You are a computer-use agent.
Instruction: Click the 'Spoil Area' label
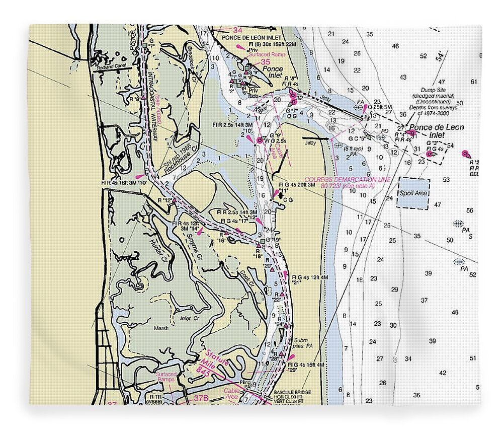tap(413, 193)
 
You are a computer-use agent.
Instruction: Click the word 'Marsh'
tap(161, 328)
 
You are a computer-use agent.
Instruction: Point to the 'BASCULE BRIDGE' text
tap(292, 392)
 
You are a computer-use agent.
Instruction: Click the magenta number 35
tap(265, 62)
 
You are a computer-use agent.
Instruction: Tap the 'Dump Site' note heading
tap(435, 82)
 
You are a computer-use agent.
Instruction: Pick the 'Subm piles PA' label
tap(300, 343)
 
